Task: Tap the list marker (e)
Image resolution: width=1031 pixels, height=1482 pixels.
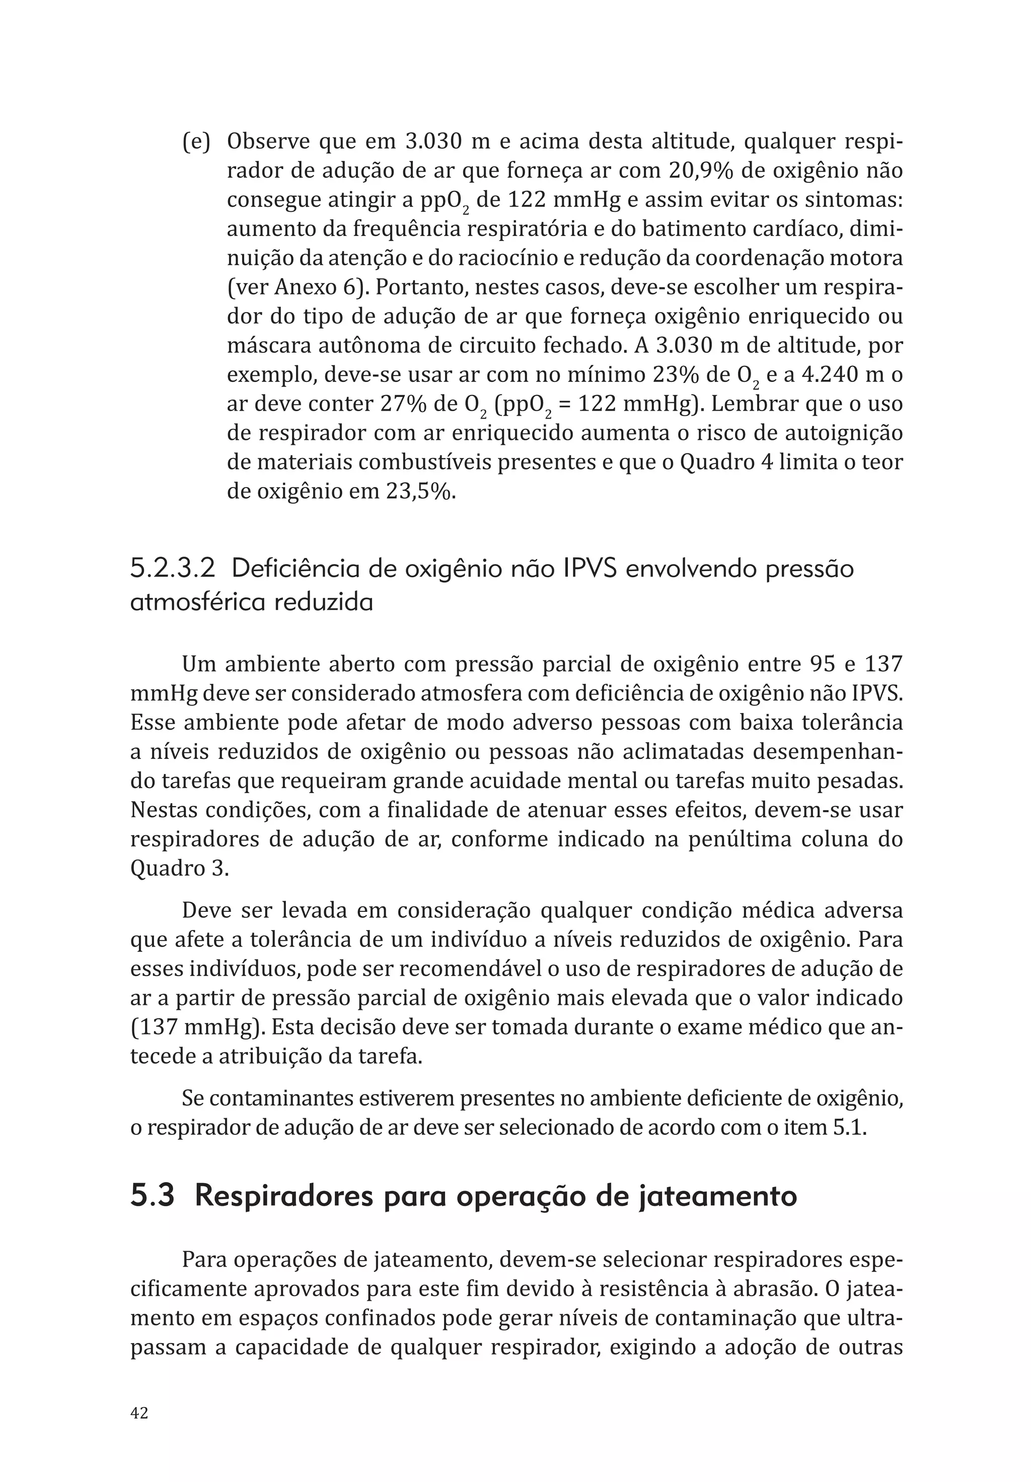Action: (x=196, y=141)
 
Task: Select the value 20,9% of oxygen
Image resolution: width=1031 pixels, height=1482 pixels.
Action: (x=715, y=171)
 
